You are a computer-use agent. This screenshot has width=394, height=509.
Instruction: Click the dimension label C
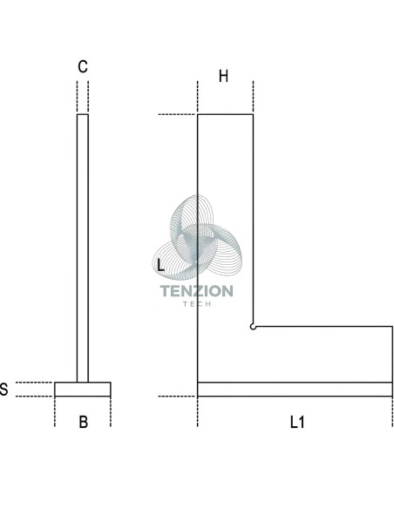click(83, 66)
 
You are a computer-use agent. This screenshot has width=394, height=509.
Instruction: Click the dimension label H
click(224, 77)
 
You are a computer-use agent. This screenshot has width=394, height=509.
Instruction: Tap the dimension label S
click(3, 390)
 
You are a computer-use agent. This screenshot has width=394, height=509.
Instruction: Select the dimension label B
click(83, 422)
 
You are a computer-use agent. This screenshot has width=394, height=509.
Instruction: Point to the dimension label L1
click(297, 423)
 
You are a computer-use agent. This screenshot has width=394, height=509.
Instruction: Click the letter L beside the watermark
click(160, 265)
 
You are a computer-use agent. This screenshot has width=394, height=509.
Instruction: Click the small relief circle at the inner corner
click(253, 327)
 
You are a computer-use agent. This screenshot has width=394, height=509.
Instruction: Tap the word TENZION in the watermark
click(197, 291)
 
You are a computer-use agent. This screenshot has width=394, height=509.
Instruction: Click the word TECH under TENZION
click(197, 304)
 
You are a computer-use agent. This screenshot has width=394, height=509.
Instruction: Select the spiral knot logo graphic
click(197, 237)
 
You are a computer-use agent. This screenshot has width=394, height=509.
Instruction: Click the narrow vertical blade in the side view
click(83, 248)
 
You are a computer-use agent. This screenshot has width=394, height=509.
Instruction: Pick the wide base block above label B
click(83, 390)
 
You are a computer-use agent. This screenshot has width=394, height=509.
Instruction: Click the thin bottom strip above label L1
click(295, 390)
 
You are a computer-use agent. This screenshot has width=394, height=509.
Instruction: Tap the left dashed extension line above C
click(77, 98)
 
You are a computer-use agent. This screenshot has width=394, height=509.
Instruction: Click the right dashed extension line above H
click(253, 98)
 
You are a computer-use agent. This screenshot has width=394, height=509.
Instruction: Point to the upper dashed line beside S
click(34, 383)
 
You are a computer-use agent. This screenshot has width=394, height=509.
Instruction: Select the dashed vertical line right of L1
click(392, 411)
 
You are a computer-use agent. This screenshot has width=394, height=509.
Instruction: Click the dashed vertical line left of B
click(55, 411)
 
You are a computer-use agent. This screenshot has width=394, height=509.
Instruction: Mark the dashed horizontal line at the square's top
click(177, 114)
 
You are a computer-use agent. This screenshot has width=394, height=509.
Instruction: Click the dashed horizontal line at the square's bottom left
click(177, 397)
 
